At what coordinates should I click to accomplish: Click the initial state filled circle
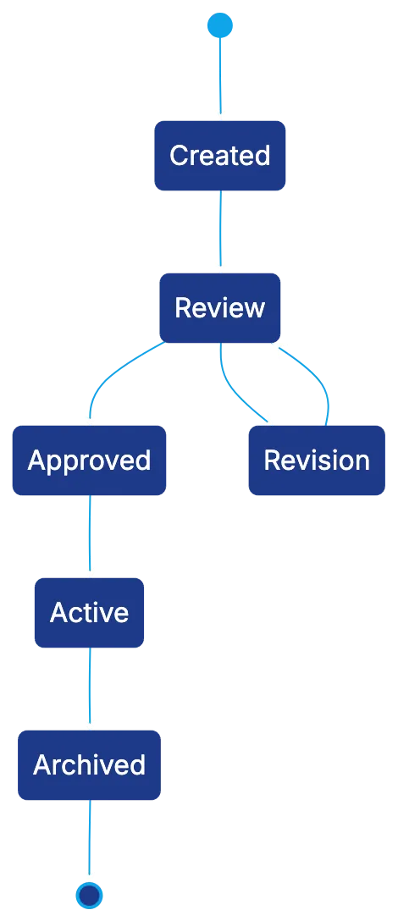[x=219, y=25]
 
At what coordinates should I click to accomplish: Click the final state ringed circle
[x=89, y=895]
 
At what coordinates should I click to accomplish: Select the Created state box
[x=219, y=156]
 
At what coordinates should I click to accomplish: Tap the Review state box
[x=219, y=308]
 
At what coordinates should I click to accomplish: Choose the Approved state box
[x=89, y=460]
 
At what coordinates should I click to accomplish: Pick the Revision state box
[x=317, y=460]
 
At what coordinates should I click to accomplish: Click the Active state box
[x=89, y=613]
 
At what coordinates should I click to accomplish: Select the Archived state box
[x=89, y=765]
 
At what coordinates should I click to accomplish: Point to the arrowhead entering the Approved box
[x=89, y=415]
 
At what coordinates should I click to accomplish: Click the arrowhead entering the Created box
[x=219, y=111]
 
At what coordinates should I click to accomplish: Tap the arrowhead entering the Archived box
[x=89, y=720]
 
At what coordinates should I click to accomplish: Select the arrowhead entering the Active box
[x=89, y=568]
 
